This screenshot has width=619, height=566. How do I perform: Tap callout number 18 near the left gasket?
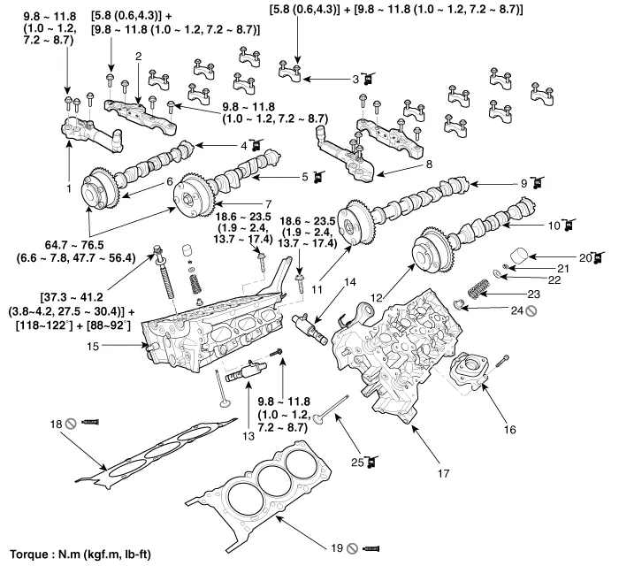54,424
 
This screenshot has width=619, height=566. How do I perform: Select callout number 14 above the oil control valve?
349,282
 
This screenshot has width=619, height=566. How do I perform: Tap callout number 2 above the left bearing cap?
138,57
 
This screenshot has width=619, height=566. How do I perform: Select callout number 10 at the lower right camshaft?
554,226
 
